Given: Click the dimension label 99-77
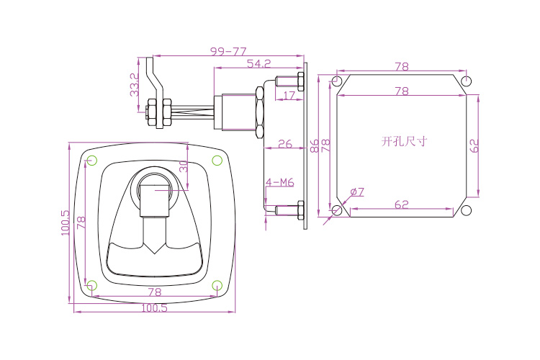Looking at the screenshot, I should [x=228, y=51].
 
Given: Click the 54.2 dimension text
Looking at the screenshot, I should [x=258, y=64].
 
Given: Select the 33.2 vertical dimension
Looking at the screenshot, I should [x=134, y=85].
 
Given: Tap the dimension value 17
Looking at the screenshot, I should [x=289, y=94].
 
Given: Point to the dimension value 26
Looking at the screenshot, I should [x=284, y=144].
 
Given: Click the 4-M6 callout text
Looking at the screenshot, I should [x=280, y=183].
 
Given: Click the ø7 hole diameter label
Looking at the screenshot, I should [x=357, y=192].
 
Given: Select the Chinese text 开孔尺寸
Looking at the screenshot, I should [x=404, y=141].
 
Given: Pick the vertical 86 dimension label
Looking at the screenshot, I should [x=314, y=146].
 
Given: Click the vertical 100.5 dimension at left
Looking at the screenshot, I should [x=66, y=222].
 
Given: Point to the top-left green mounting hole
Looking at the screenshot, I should [x=91, y=159].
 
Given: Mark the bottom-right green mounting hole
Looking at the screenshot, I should [x=217, y=286].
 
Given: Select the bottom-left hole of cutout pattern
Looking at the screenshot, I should [x=337, y=210].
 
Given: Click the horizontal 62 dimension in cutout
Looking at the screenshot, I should [x=402, y=205].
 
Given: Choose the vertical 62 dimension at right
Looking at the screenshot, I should [x=474, y=145].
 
